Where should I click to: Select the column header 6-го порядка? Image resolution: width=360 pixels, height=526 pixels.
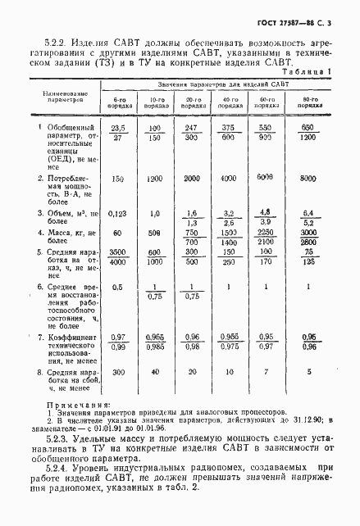[x=119, y=104]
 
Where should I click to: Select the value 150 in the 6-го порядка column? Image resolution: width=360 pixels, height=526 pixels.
[x=118, y=178]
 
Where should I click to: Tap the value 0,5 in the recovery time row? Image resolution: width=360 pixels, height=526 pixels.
[x=118, y=287]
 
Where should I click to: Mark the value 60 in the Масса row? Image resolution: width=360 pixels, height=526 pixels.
[x=118, y=232]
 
